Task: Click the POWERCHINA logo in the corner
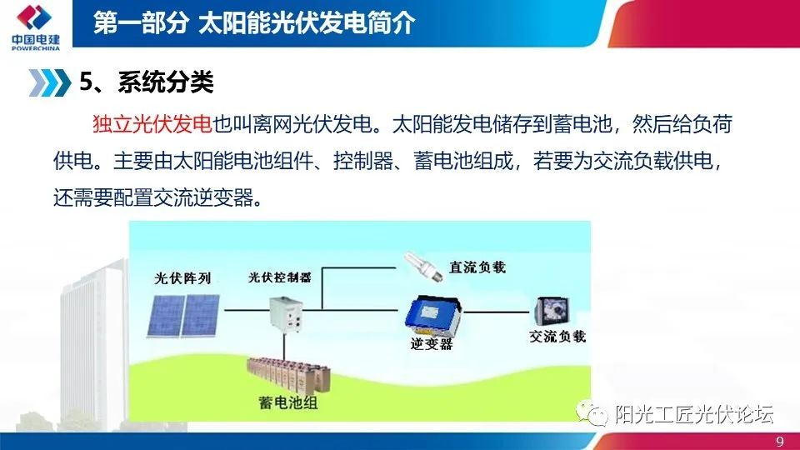tap(33, 27)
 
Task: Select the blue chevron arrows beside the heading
tap(49, 82)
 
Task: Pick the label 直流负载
tap(477, 267)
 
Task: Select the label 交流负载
tap(557, 337)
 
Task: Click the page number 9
tap(779, 441)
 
